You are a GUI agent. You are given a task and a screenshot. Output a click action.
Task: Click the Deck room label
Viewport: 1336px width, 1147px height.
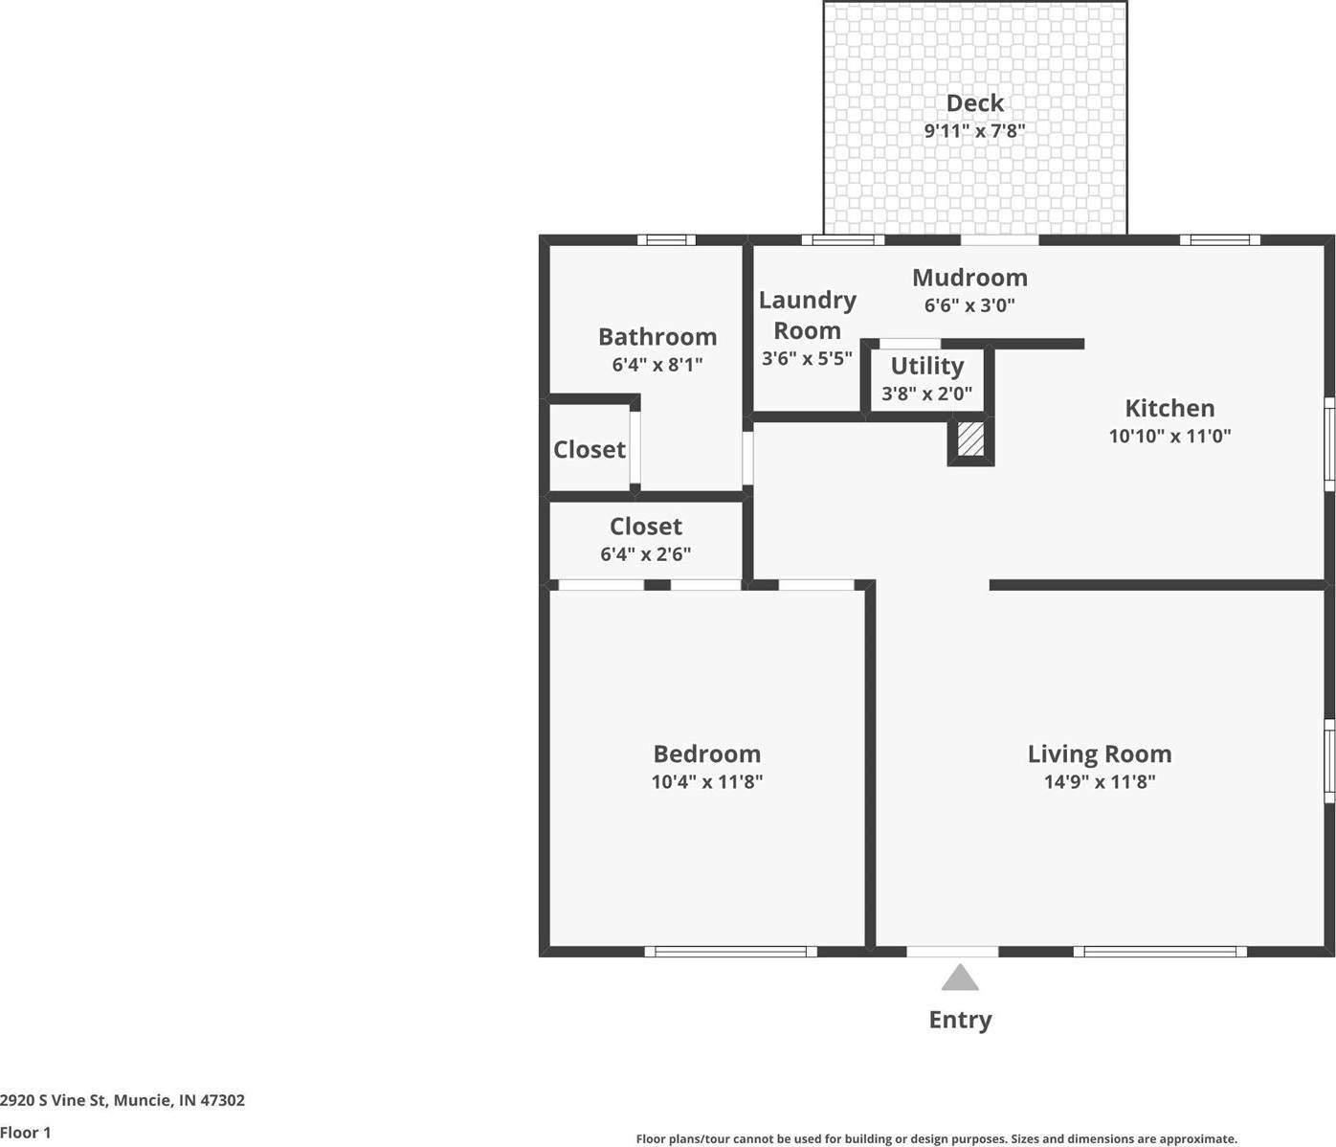pyautogui.click(x=974, y=103)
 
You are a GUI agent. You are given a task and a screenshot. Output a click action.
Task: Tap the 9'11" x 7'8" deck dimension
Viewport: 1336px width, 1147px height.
pyautogui.click(x=974, y=131)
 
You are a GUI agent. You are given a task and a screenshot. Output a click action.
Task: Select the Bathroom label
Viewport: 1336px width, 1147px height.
pyautogui.click(x=657, y=337)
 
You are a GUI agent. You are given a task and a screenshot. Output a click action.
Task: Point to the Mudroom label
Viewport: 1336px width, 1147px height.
pyautogui.click(x=969, y=278)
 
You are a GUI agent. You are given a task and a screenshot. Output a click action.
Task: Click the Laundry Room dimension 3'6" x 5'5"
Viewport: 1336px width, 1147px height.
pyautogui.click(x=807, y=359)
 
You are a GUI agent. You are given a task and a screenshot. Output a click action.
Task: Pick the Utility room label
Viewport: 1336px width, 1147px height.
pyautogui.click(x=926, y=366)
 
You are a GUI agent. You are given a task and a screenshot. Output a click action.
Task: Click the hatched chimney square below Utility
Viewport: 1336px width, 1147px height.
pyautogui.click(x=970, y=439)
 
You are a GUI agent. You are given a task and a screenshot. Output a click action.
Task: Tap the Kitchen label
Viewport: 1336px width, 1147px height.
pyautogui.click(x=1169, y=408)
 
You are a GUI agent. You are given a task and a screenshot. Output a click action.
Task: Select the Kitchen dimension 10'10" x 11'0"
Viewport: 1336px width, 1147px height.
pyautogui.click(x=1169, y=436)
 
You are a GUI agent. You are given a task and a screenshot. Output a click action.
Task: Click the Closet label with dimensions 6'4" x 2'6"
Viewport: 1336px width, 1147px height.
pyautogui.click(x=646, y=527)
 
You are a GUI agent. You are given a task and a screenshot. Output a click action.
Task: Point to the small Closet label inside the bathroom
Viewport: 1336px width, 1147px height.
pyautogui.click(x=590, y=449)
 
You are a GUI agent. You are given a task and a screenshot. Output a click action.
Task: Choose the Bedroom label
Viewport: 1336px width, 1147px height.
pyautogui.click(x=706, y=753)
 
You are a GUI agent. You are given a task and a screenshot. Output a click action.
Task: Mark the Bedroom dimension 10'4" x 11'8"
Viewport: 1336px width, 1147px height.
pyautogui.click(x=706, y=781)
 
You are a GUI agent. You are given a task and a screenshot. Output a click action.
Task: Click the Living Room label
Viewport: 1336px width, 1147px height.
pyautogui.click(x=1100, y=753)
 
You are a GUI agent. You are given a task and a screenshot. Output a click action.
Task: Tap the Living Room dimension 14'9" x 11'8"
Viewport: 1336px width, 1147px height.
pyautogui.click(x=1100, y=781)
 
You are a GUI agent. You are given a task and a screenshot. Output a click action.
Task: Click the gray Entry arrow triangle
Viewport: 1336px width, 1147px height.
pyautogui.click(x=960, y=979)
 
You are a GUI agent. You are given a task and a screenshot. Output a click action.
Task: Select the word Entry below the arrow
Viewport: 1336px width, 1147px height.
pyautogui.click(x=960, y=1020)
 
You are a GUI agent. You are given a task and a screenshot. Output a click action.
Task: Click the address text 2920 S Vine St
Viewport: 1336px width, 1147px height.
pyautogui.click(x=54, y=1100)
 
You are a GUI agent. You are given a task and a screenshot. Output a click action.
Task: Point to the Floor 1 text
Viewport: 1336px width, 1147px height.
pyautogui.click(x=25, y=1133)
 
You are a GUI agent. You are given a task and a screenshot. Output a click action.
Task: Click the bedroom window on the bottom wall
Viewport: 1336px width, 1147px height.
pyautogui.click(x=730, y=952)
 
